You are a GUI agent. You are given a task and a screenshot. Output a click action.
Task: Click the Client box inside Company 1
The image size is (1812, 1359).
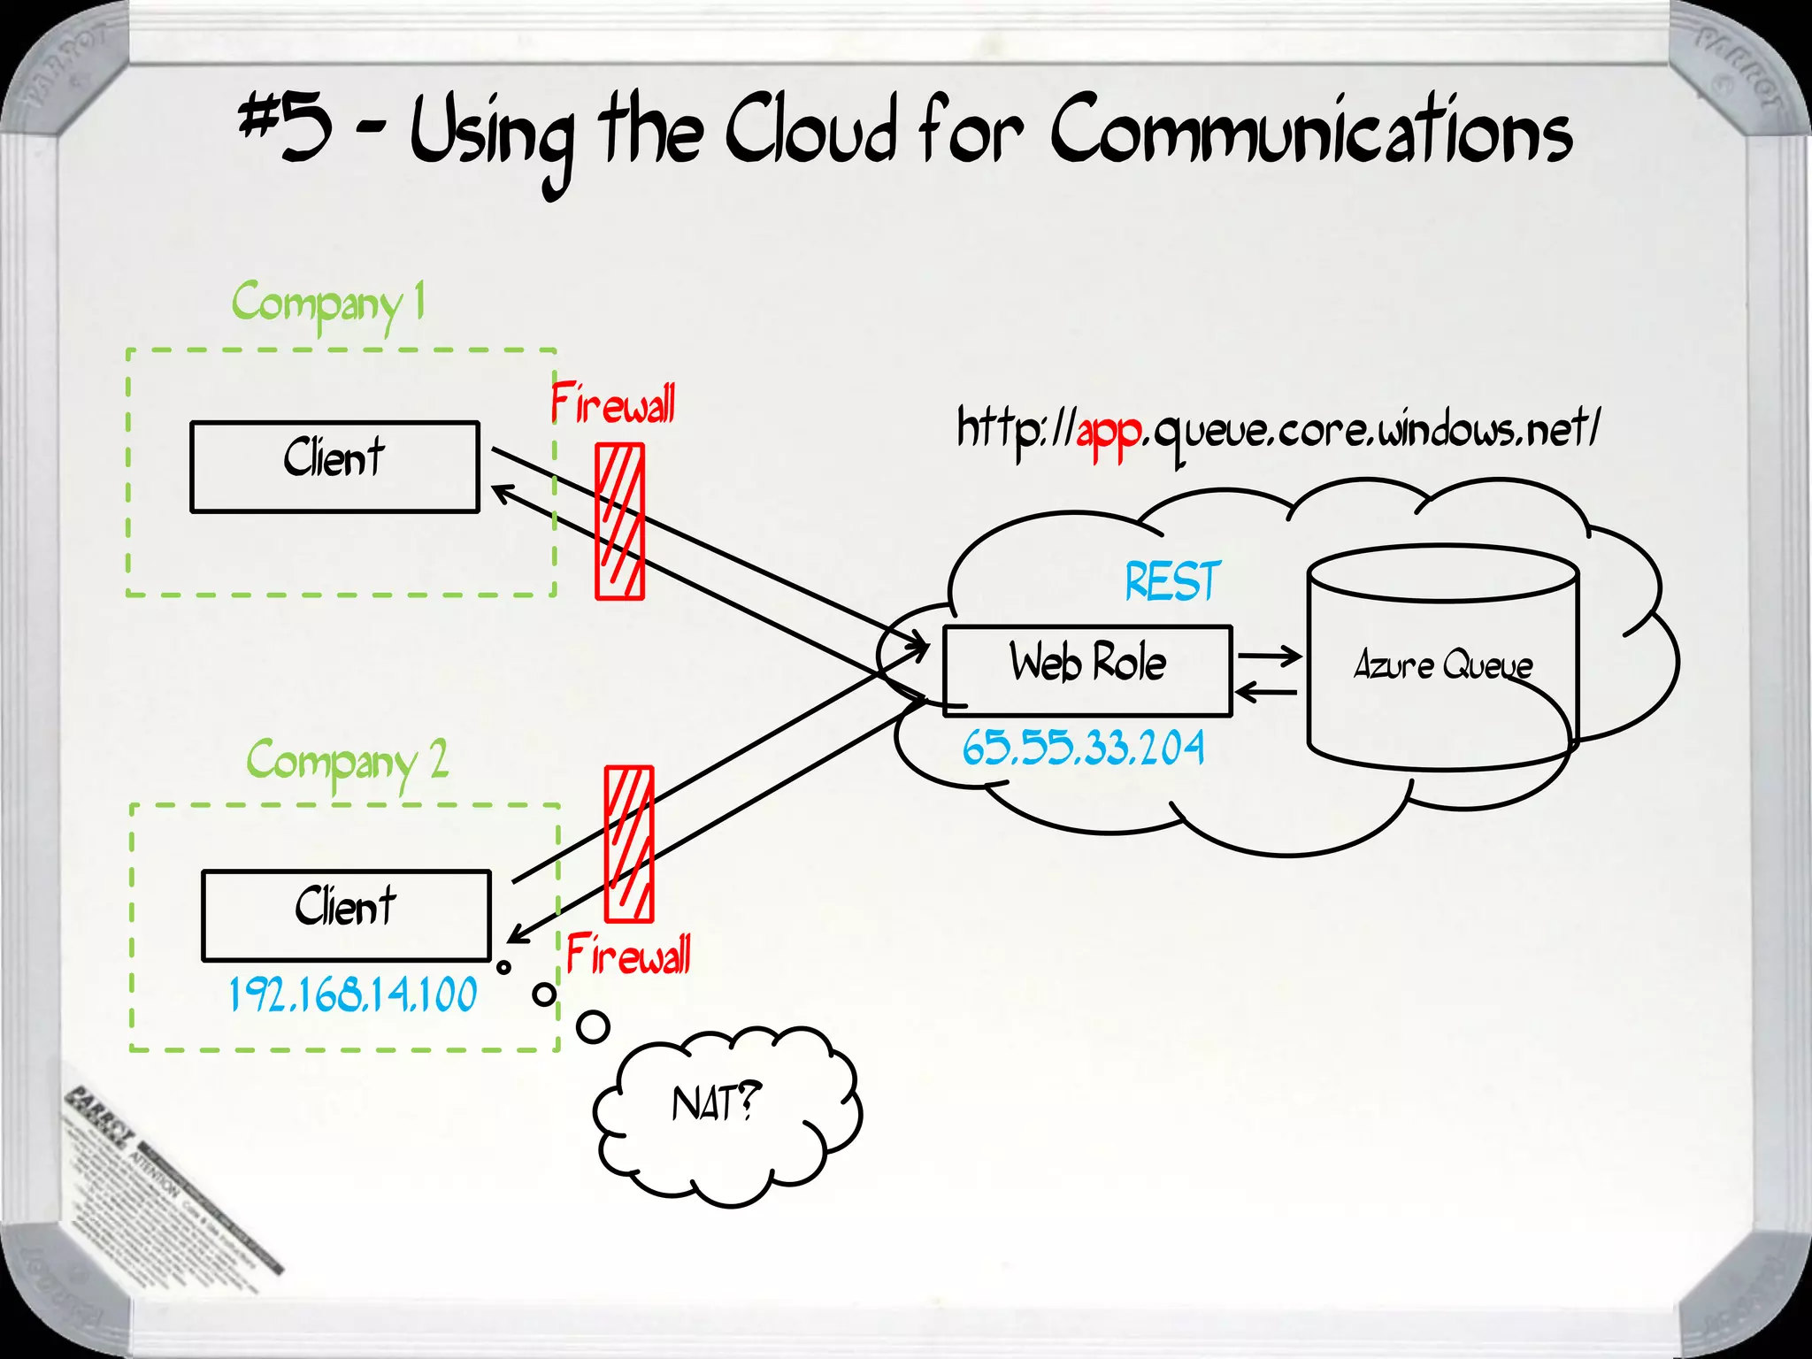334,466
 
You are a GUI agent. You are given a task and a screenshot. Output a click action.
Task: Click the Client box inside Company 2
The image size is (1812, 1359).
346,915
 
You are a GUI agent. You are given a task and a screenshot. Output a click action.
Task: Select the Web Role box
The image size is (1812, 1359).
1087,670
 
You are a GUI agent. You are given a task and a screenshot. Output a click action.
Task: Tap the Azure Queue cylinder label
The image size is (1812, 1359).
1443,665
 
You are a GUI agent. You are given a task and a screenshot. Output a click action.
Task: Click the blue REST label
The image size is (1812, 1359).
1172,582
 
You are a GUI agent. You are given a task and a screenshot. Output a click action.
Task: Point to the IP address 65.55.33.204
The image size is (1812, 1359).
1083,748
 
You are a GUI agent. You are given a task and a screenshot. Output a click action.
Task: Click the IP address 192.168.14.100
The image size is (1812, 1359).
353,994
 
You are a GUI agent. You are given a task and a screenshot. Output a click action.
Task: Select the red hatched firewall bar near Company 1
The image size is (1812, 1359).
619,522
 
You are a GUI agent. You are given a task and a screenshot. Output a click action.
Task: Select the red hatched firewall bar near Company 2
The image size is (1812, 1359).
629,844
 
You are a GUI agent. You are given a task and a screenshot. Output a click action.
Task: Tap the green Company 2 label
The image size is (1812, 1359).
347,763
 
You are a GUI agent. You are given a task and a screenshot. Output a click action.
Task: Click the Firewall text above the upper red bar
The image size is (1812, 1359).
613,404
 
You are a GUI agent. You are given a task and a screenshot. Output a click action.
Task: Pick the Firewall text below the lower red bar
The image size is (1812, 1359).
628,956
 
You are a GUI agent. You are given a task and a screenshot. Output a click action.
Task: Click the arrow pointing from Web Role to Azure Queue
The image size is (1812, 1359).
1270,656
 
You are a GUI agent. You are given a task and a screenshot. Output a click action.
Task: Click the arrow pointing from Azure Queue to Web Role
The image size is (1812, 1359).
1266,692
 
